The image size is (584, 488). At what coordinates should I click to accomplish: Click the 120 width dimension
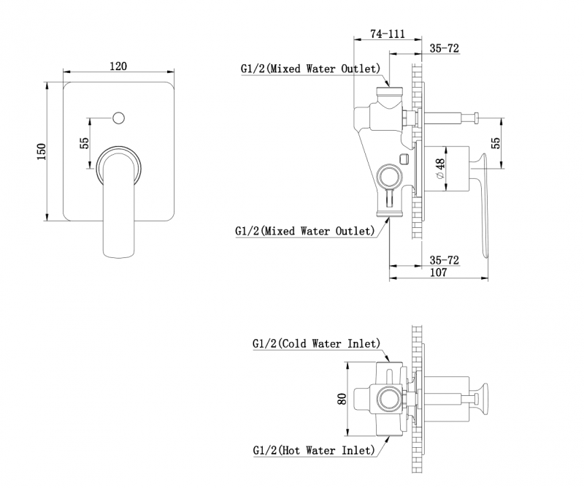point(118,66)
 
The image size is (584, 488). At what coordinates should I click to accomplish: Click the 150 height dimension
point(42,150)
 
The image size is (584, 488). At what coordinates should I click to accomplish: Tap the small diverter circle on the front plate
point(118,117)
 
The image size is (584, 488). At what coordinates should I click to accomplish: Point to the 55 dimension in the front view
point(84,143)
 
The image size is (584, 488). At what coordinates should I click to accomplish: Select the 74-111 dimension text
point(388,34)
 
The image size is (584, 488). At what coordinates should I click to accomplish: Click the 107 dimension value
point(438,273)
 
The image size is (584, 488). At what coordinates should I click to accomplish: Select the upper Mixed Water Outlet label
point(311,69)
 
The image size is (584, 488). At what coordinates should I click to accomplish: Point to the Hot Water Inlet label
point(315,451)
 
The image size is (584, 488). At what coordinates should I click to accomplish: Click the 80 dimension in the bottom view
point(340,400)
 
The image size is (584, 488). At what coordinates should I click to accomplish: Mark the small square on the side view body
point(404,159)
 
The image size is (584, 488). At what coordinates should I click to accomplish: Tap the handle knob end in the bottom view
point(482,398)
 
